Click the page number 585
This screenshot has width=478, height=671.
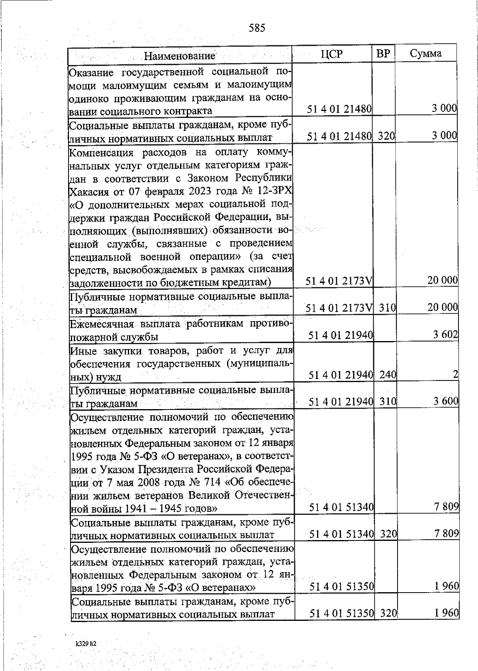[257, 28]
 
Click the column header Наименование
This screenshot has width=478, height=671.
[179, 55]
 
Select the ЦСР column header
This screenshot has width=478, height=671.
[331, 54]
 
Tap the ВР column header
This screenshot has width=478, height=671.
[383, 54]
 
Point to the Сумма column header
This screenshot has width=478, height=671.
[425, 54]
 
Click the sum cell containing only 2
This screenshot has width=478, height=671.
[455, 374]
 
